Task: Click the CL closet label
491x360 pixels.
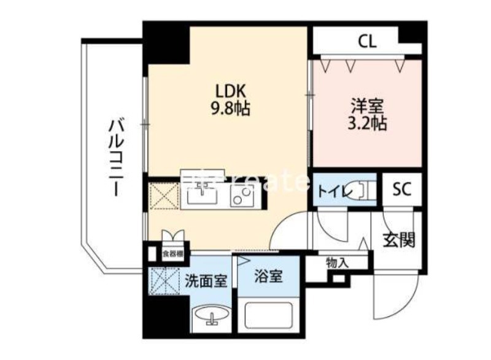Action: pos(368,42)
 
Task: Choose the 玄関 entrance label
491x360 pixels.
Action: pos(401,239)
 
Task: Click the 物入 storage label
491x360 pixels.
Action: pos(337,262)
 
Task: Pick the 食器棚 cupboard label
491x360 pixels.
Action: pos(174,252)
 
